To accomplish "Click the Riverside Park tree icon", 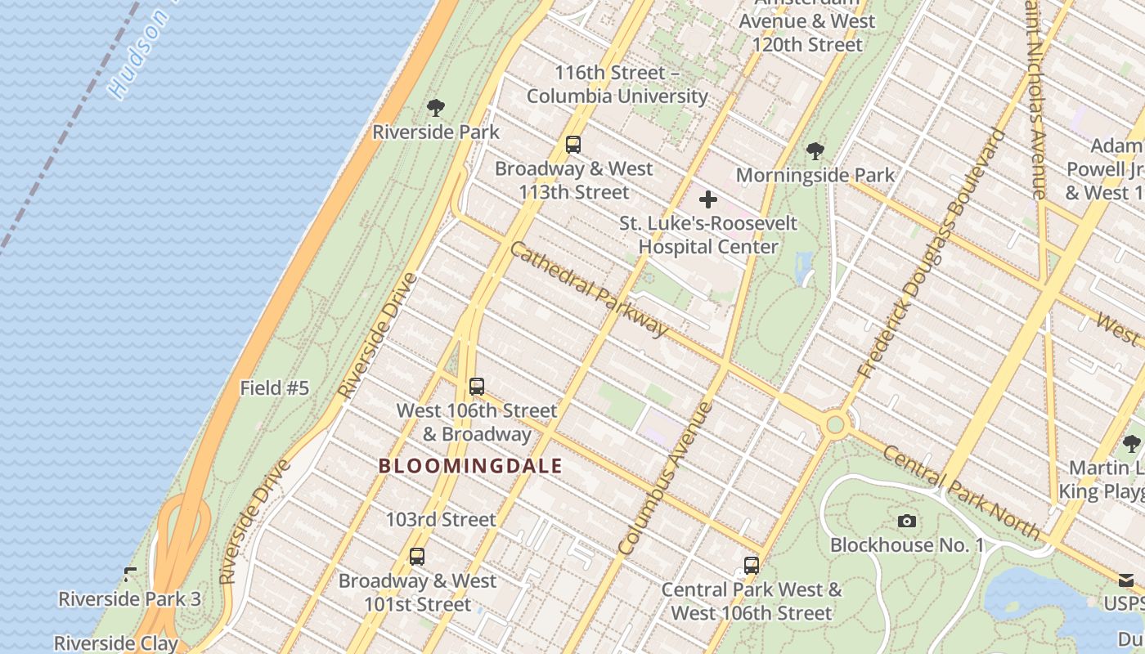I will [436, 107].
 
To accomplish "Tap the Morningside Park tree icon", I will [815, 150].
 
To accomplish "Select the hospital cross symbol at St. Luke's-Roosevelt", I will [708, 199].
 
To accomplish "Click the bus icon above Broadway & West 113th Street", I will [573, 145].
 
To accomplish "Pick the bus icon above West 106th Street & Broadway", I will [477, 387].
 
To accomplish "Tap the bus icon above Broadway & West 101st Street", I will [417, 557].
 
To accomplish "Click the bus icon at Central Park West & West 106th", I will [751, 565].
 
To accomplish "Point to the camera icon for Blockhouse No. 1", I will [906, 521].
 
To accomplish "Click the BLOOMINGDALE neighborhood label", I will [470, 466].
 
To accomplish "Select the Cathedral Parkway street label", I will [588, 289].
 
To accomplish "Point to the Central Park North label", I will [960, 492].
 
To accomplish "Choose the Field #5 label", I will [275, 388].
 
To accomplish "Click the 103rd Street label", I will [441, 519].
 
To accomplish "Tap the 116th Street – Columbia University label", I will [617, 84].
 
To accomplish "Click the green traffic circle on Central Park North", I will [835, 424].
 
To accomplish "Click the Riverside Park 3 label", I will [129, 598].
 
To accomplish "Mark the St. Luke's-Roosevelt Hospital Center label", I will [707, 235].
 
